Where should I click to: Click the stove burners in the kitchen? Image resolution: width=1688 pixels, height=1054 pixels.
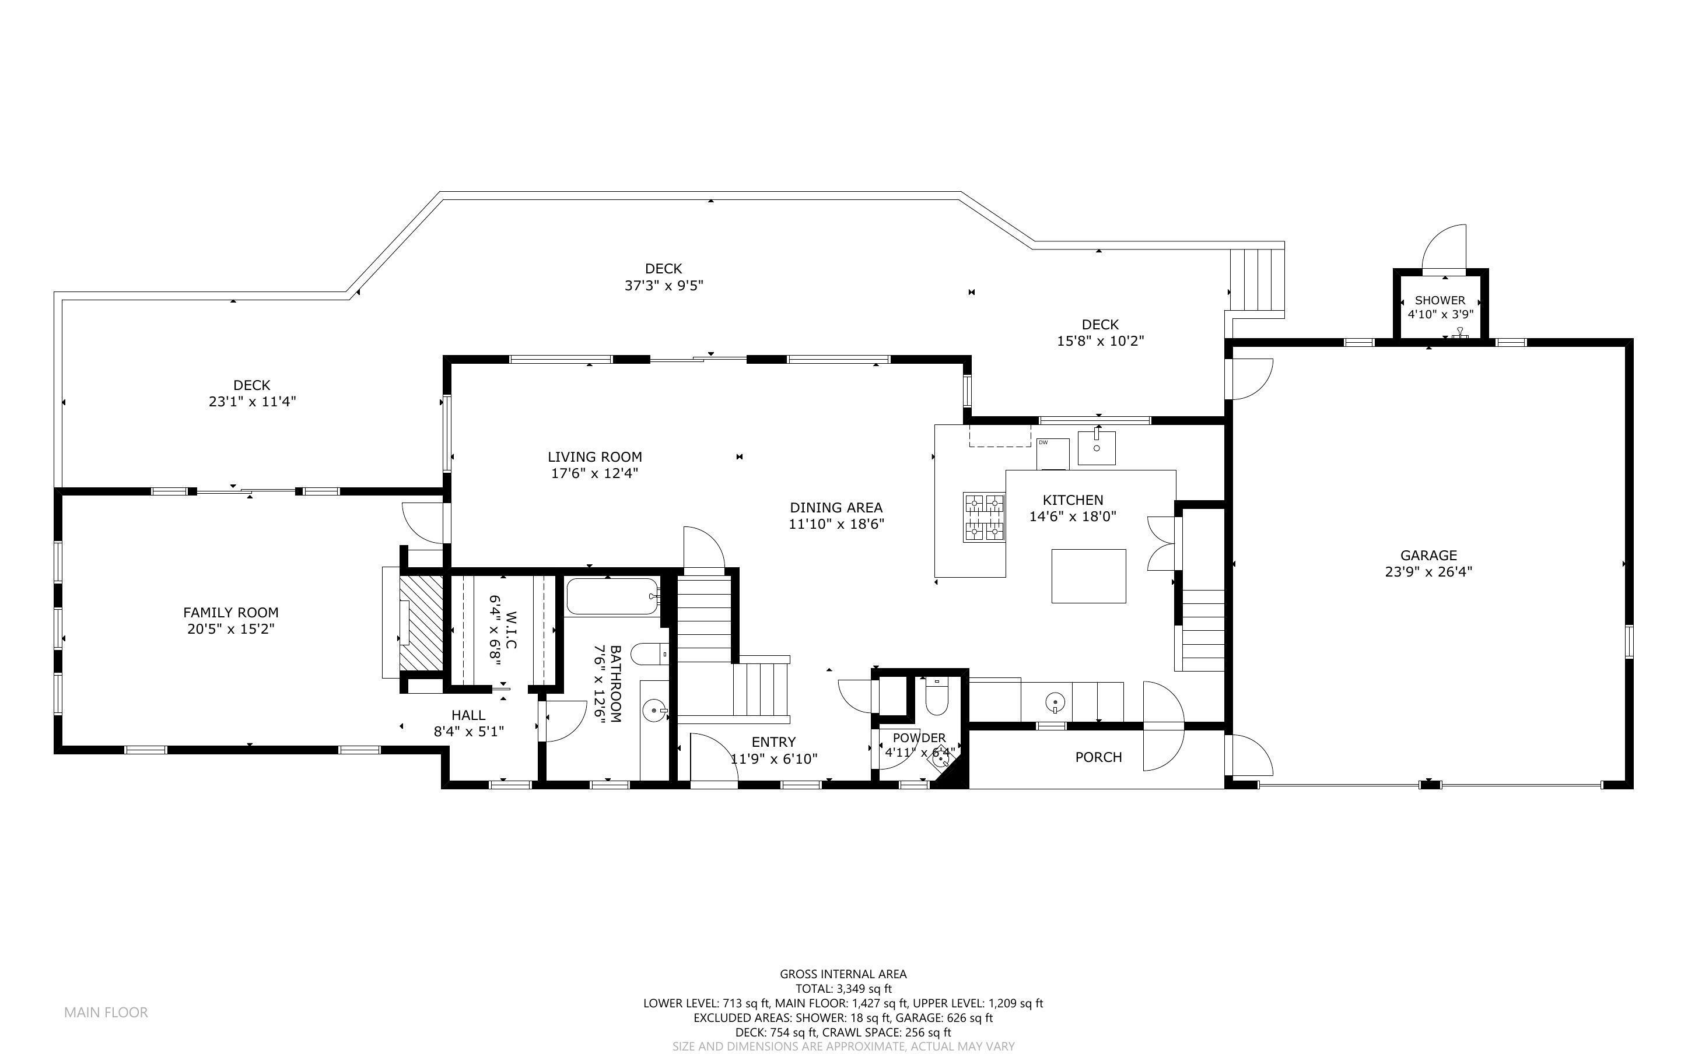tap(984, 517)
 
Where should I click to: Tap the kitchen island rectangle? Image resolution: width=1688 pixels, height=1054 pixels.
tap(1088, 576)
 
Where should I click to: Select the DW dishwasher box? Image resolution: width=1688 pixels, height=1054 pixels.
tap(1052, 454)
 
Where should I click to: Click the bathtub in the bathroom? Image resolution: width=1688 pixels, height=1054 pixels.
tap(611, 597)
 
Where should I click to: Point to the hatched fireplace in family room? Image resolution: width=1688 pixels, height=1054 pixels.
tap(421, 623)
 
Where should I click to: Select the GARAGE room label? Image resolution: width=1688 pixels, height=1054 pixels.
tap(1428, 556)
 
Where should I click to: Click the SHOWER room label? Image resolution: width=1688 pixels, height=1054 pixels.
tap(1440, 300)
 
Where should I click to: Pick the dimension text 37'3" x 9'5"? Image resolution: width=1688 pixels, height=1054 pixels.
tap(663, 286)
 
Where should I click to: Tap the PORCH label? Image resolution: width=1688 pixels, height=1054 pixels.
tap(1098, 757)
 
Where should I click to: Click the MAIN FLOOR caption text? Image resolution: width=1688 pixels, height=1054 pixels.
tap(106, 1012)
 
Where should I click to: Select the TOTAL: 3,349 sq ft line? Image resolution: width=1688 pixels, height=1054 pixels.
tap(843, 989)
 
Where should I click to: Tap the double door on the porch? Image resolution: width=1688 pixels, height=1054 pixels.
tap(1162, 726)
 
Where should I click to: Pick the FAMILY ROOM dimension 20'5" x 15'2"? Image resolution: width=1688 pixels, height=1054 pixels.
tap(231, 630)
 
